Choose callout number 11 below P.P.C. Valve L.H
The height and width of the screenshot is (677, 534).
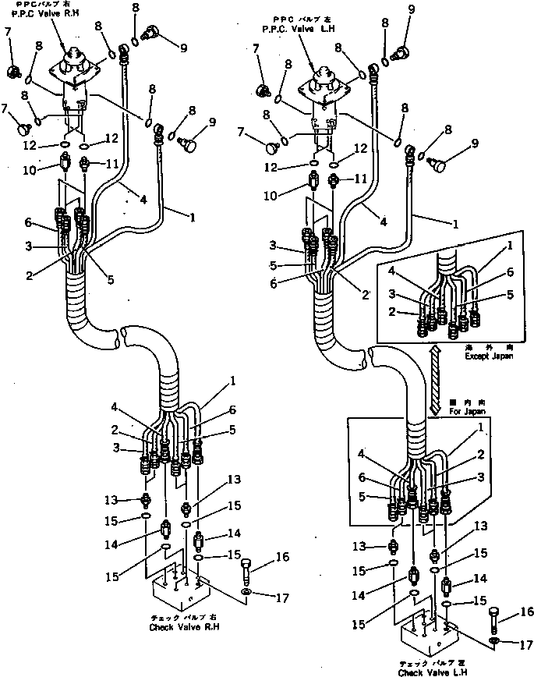point(360,179)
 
